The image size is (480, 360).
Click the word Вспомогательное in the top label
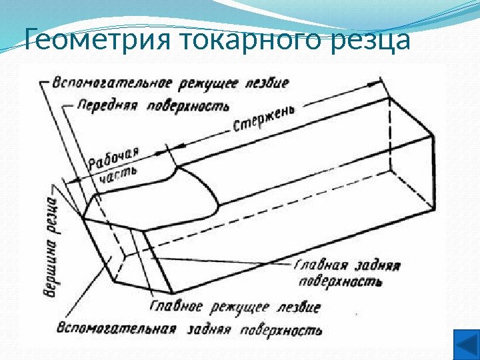pos(111,84)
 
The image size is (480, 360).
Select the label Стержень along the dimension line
pos(264,120)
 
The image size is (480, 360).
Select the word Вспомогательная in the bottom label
pos(117,329)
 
